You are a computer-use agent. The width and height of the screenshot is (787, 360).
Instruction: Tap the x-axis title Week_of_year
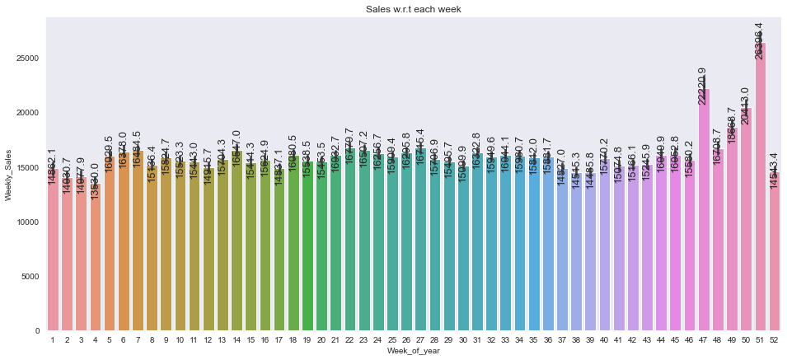point(413,353)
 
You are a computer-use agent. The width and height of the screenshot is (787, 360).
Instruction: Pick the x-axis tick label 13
point(222,339)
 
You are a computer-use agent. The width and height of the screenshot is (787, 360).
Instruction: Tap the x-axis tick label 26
point(406,339)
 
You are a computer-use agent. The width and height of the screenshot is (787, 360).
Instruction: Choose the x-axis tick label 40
point(604,339)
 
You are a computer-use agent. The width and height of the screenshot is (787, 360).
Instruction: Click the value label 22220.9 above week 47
point(703,86)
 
